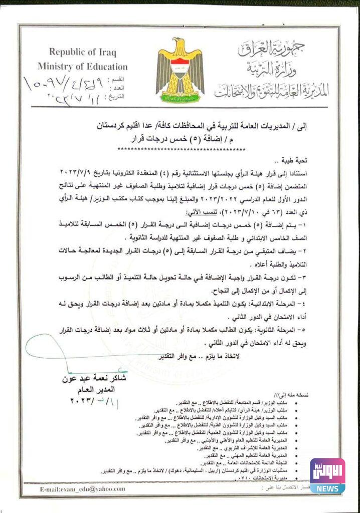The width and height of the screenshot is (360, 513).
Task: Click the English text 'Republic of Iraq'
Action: click(x=82, y=52)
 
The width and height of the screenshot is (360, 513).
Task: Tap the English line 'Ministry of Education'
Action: click(x=82, y=67)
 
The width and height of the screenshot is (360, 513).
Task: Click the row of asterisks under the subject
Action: click(x=181, y=149)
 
